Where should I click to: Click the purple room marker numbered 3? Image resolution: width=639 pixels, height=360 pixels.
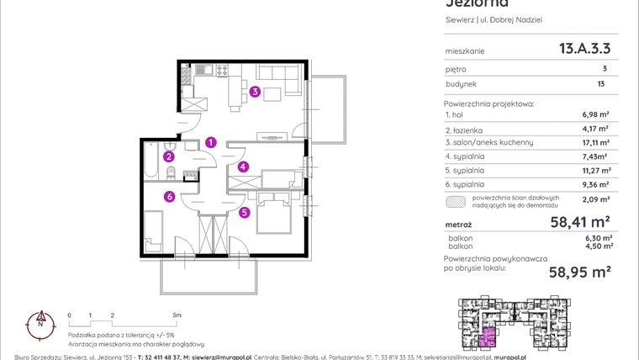coord(254,93)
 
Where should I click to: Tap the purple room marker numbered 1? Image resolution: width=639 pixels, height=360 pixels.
coord(212,143)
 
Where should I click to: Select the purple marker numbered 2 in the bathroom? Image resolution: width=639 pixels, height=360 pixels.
coord(169,156)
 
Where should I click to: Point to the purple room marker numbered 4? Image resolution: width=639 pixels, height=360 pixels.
coord(243,167)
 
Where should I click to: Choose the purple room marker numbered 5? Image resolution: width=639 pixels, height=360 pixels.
coord(244,213)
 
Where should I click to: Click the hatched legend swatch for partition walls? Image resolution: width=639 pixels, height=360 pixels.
coord(454,201)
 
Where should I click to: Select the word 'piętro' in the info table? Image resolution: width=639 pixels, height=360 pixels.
coord(457,69)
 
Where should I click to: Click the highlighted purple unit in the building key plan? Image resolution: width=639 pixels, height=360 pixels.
coord(486,338)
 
